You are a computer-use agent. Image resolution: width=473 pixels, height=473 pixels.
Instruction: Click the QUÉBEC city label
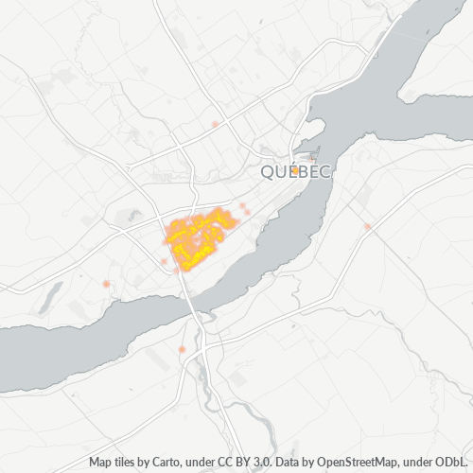point(295,172)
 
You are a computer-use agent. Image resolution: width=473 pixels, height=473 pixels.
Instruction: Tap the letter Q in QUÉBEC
point(266,172)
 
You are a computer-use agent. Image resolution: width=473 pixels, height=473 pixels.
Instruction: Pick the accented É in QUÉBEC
point(289,171)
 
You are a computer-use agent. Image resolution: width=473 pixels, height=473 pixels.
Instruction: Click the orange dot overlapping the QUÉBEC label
point(295,170)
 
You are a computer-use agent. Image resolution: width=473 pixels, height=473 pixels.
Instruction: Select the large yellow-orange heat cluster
point(196,236)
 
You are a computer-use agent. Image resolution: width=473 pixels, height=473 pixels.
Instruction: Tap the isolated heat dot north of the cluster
point(216,124)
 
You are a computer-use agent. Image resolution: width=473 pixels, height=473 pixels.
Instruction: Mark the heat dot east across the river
point(367,226)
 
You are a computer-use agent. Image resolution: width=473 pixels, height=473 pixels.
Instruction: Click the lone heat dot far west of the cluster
point(106,284)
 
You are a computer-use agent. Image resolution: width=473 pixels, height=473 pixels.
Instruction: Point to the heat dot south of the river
point(181,350)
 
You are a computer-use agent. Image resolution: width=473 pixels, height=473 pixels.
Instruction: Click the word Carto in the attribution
point(166,463)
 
